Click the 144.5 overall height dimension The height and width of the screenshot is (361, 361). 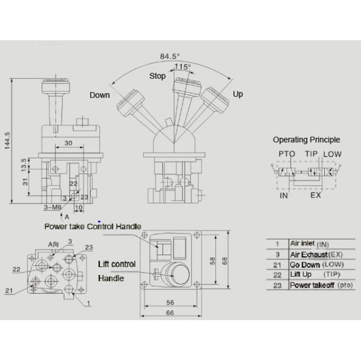click(x=7, y=141)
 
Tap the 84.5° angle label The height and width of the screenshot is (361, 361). click(x=170, y=57)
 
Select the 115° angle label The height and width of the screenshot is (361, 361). click(x=182, y=67)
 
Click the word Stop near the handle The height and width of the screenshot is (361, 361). click(x=158, y=76)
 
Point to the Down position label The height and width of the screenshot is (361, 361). click(x=100, y=95)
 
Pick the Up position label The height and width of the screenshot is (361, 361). click(x=238, y=94)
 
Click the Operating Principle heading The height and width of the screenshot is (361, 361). click(x=306, y=140)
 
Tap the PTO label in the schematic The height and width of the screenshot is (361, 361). click(x=286, y=154)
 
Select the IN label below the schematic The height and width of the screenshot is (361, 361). click(x=284, y=196)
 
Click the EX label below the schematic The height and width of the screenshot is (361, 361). click(x=315, y=195)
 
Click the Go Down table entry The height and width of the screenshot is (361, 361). click(x=305, y=265)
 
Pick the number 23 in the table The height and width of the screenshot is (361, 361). click(x=277, y=285)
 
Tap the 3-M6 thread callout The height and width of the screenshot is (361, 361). click(x=53, y=208)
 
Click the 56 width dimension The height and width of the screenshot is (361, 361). click(x=170, y=302)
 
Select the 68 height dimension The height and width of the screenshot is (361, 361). click(x=224, y=261)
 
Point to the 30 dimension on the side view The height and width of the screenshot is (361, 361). click(x=69, y=143)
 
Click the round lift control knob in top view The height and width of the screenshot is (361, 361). click(x=176, y=274)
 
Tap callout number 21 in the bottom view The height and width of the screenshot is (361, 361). click(x=9, y=291)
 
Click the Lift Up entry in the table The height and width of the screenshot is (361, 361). click(x=301, y=274)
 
